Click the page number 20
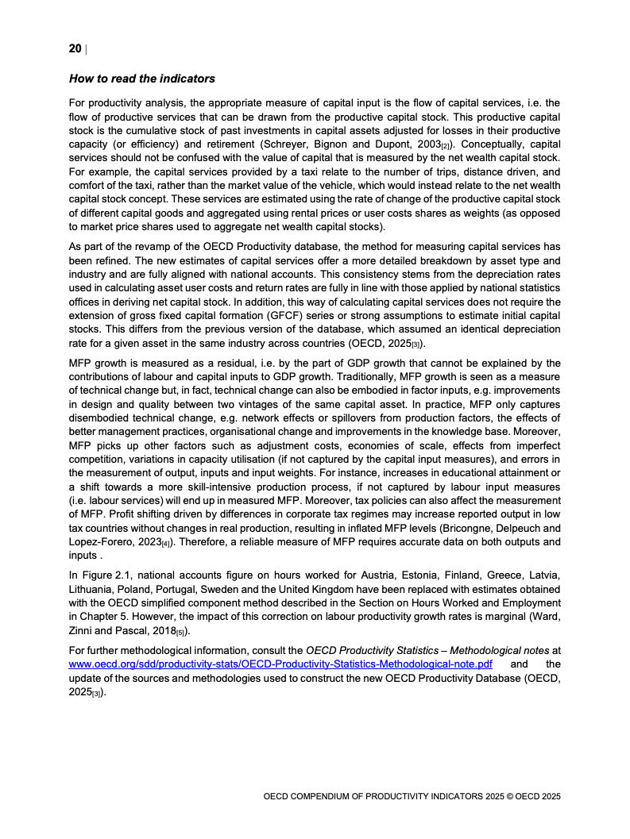[x=75, y=49]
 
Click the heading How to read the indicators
[x=141, y=79]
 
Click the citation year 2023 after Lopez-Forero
[x=147, y=542]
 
